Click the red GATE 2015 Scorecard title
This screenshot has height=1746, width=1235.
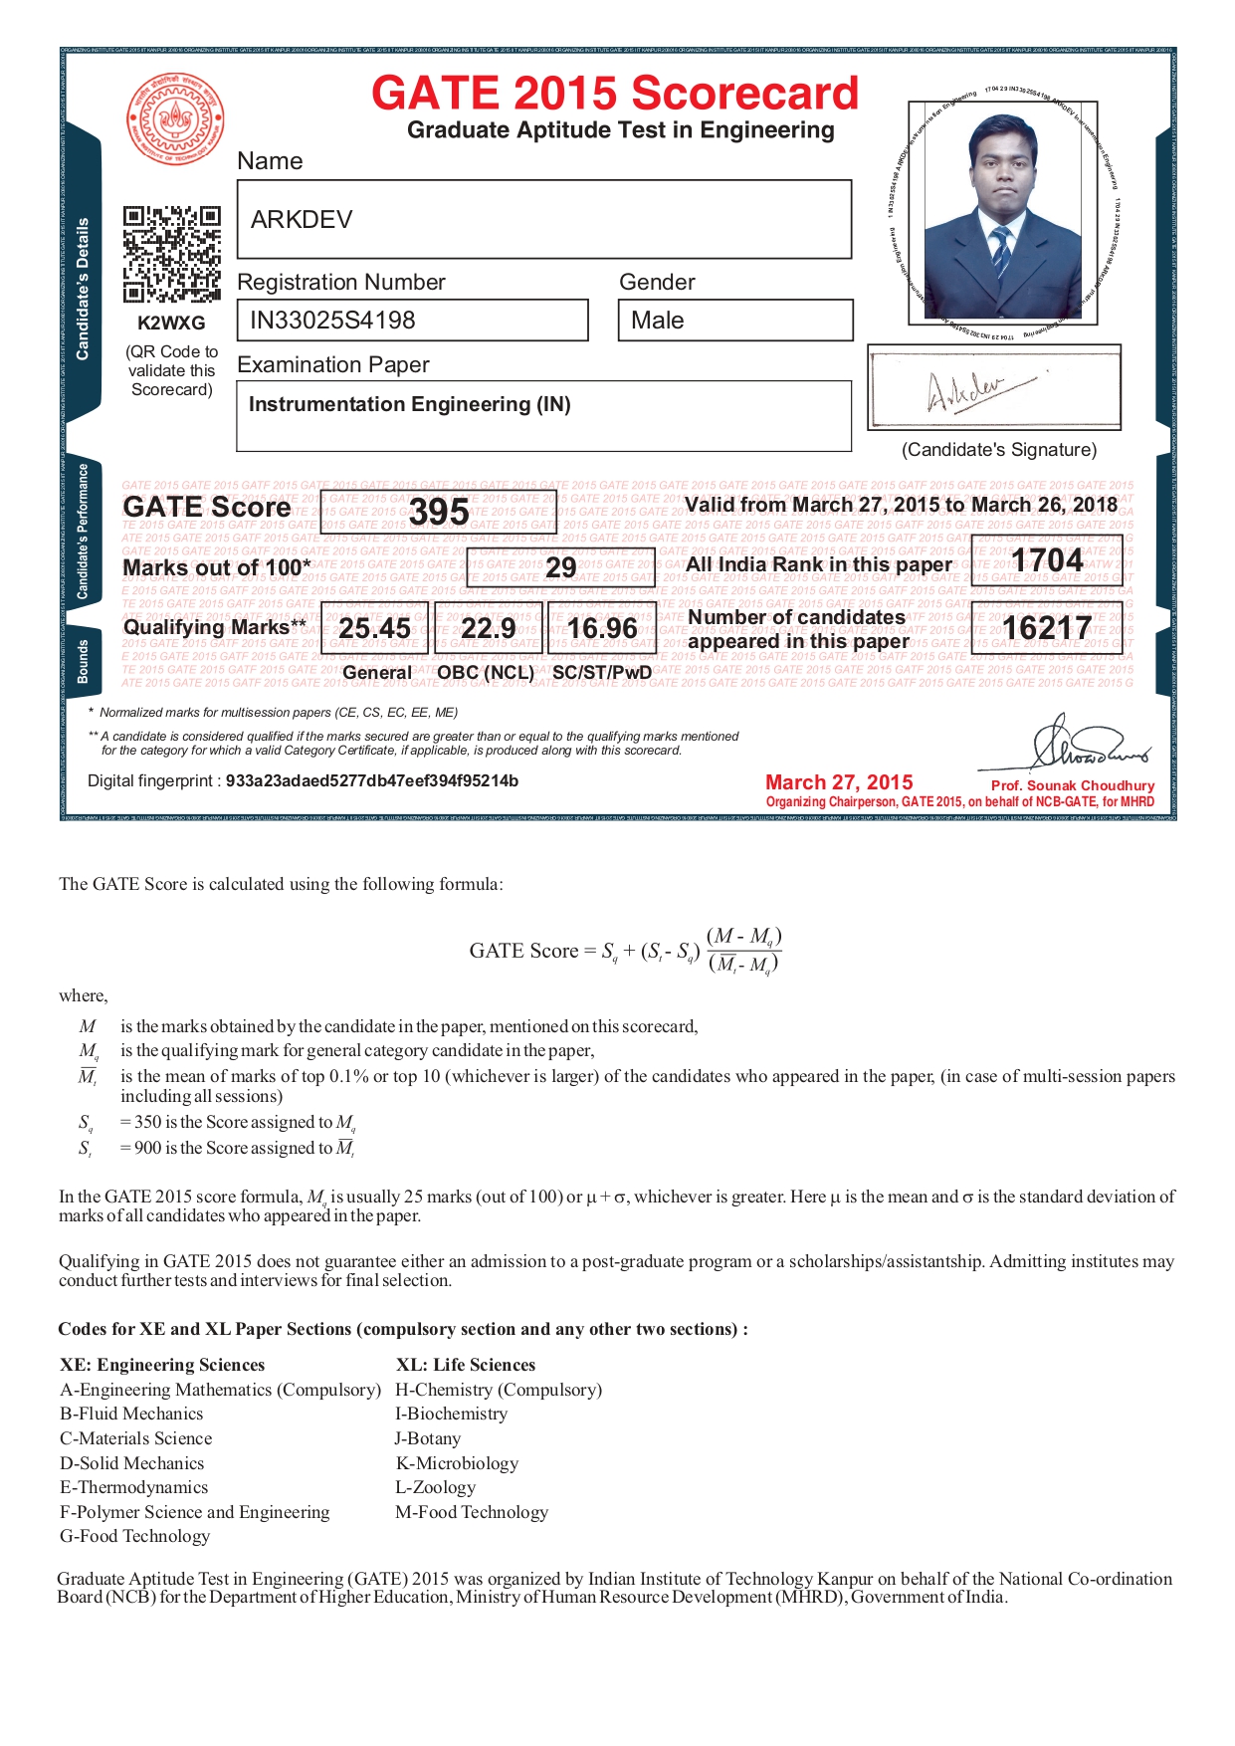point(614,94)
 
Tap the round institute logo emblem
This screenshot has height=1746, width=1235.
point(175,119)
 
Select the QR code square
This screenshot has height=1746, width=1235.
point(171,254)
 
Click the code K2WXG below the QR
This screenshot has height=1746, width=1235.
point(171,324)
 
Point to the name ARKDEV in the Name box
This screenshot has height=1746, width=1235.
point(302,220)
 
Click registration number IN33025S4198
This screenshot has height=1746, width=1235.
point(332,321)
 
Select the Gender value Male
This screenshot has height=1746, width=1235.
point(658,321)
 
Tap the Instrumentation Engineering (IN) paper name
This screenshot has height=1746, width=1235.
point(409,404)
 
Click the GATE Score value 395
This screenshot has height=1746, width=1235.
point(439,513)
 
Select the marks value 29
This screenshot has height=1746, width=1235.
point(560,567)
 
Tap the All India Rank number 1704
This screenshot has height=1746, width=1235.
point(1047,561)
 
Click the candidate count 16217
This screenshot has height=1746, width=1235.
point(1047,628)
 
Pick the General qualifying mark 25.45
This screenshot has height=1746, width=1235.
point(374,629)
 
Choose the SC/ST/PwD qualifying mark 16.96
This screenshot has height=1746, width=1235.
point(602,629)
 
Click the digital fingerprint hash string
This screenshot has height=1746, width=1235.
point(371,780)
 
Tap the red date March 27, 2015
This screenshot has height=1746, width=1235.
point(839,782)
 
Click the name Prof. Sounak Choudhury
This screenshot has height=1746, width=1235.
point(1073,785)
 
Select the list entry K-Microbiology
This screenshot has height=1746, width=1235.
point(457,1463)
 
